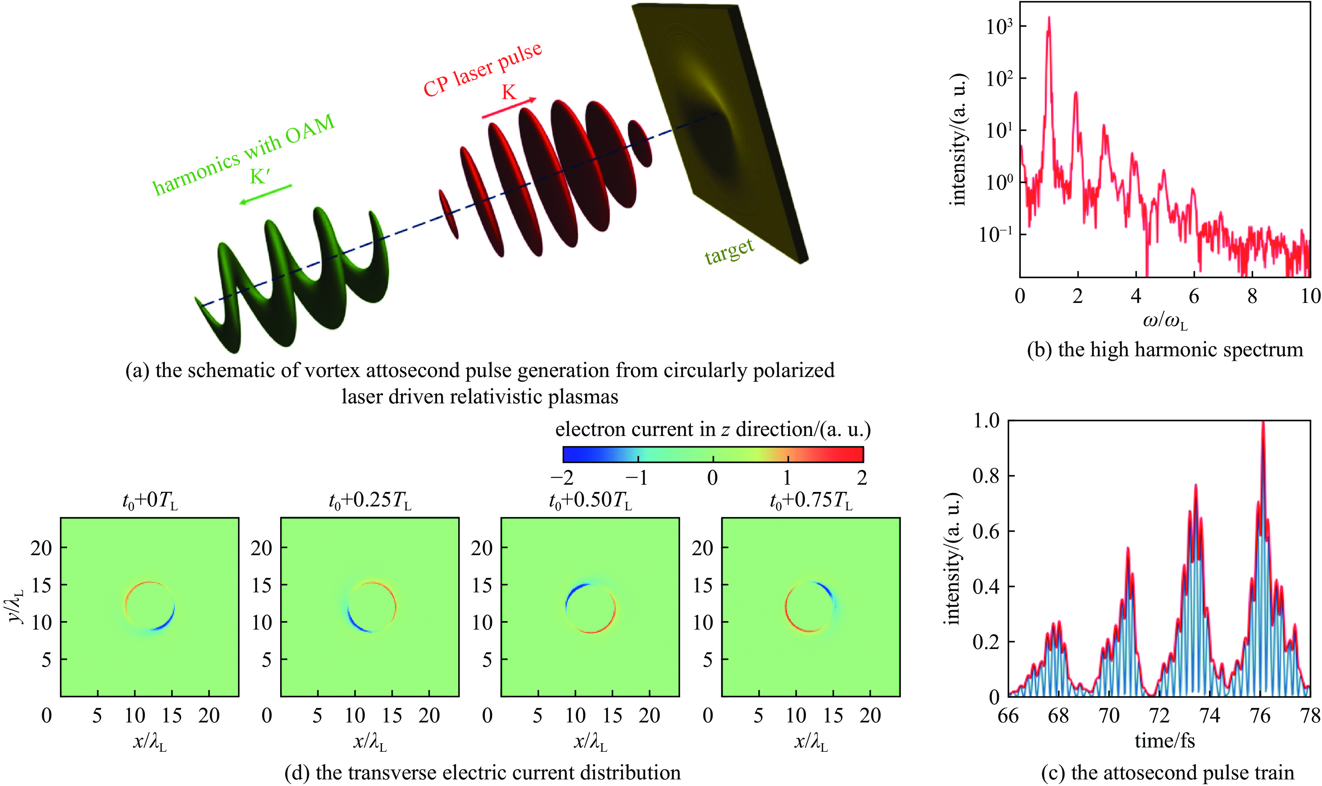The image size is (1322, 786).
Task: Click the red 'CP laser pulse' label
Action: [482, 69]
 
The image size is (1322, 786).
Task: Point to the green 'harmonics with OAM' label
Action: [244, 153]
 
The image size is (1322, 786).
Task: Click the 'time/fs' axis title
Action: [1165, 741]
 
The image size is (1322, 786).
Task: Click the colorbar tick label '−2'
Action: [562, 478]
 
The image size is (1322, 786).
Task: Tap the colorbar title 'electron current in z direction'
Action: [713, 429]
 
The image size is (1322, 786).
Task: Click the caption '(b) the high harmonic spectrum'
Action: [1165, 350]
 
